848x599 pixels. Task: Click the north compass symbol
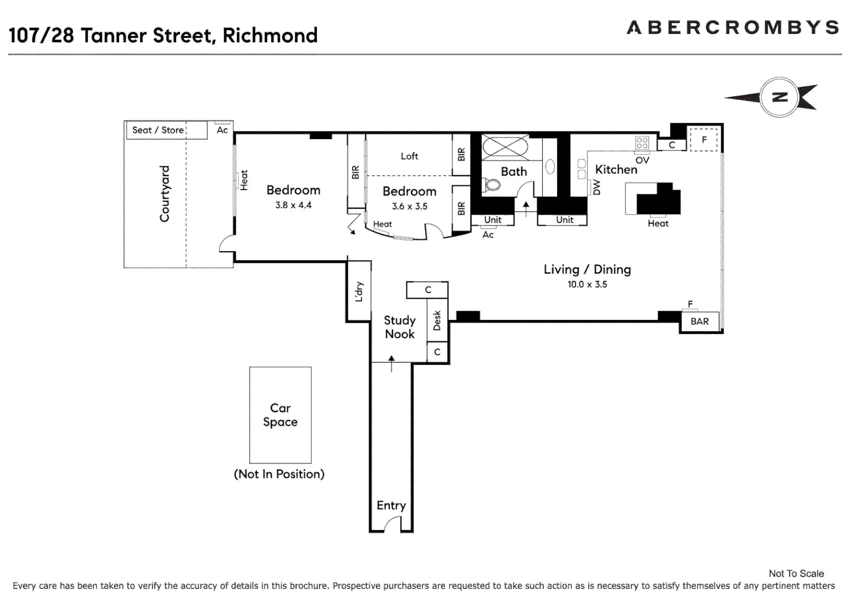[779, 97]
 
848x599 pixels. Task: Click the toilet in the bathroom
[491, 184]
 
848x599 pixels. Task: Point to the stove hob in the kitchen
[642, 143]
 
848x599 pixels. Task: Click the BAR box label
[699, 321]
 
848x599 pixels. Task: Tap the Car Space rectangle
[280, 415]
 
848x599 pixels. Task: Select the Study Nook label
[400, 327]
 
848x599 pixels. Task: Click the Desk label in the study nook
[437, 321]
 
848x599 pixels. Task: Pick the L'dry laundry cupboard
[359, 291]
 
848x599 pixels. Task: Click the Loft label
[410, 156]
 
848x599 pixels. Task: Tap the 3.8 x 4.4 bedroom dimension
[293, 205]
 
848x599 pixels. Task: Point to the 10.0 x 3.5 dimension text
[587, 285]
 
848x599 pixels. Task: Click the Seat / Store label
[158, 130]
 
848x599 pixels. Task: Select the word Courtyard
[164, 194]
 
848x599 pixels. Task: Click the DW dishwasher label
[597, 187]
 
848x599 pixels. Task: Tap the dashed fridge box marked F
[704, 139]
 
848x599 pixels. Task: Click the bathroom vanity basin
[550, 166]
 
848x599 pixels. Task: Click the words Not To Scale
[796, 573]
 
